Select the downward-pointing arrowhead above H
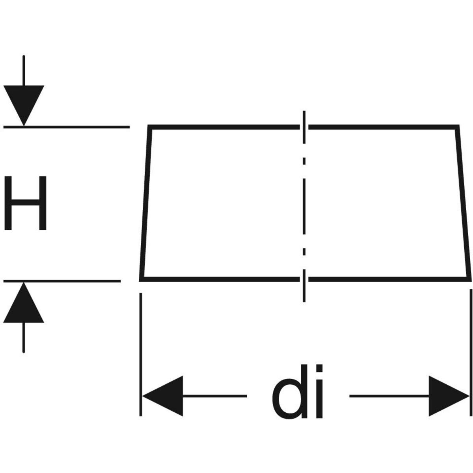[24, 103]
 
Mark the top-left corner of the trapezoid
[149, 127]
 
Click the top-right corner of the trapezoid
[457, 127]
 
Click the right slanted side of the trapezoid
[463, 203]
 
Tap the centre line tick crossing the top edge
[304, 126]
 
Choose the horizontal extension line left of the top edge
[67, 127]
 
